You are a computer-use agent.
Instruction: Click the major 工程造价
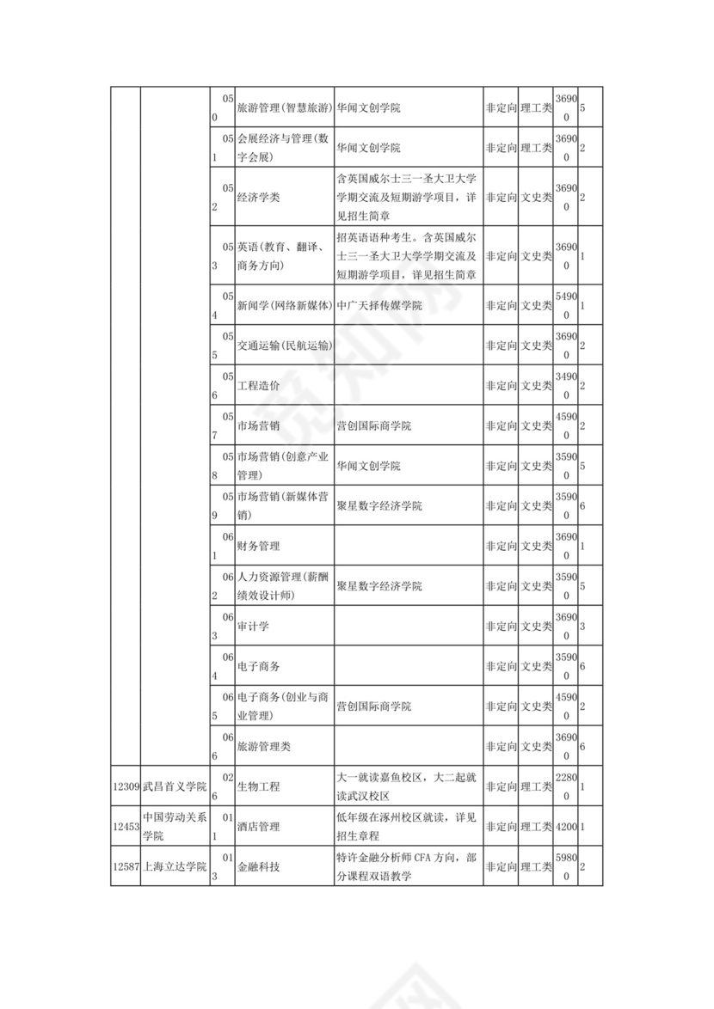pos(258,386)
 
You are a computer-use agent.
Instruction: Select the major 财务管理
pos(258,547)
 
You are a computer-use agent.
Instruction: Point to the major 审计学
pos(253,627)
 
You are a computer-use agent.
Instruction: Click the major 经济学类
pos(258,197)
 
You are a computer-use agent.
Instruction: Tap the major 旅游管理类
pos(263,747)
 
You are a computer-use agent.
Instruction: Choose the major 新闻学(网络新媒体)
pos(285,305)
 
